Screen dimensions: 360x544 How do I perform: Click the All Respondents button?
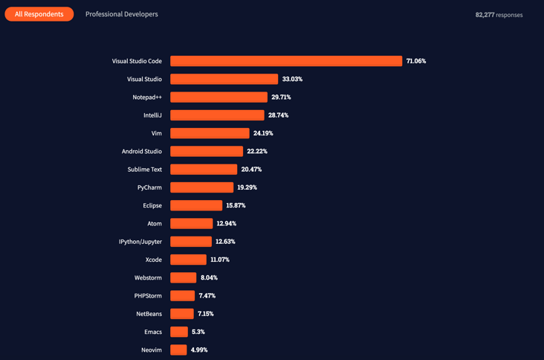[39, 14]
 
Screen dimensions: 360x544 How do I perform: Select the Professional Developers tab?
[121, 14]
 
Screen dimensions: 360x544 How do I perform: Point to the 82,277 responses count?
[499, 15]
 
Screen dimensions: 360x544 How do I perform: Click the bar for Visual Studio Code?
[286, 61]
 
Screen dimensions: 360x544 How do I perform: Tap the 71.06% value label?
[416, 61]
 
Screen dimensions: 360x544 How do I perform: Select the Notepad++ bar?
[218, 97]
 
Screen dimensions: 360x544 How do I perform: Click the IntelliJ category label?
[152, 115]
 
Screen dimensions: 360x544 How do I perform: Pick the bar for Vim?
[210, 133]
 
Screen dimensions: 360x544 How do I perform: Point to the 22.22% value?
[257, 151]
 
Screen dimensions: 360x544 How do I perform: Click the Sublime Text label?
[144, 170]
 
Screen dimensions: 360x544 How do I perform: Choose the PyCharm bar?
[201, 187]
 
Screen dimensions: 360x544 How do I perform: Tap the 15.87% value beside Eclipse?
[236, 205]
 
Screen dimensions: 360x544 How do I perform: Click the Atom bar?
[191, 223]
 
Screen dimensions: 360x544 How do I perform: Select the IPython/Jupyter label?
[140, 242]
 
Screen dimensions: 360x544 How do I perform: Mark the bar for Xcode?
[188, 260]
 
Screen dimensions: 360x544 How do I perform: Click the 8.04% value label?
[209, 277]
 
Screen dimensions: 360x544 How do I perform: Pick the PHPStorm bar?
[182, 296]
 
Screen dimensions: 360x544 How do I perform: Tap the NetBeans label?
[149, 314]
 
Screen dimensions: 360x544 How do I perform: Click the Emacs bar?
[179, 332]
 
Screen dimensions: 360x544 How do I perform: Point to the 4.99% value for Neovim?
[199, 350]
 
